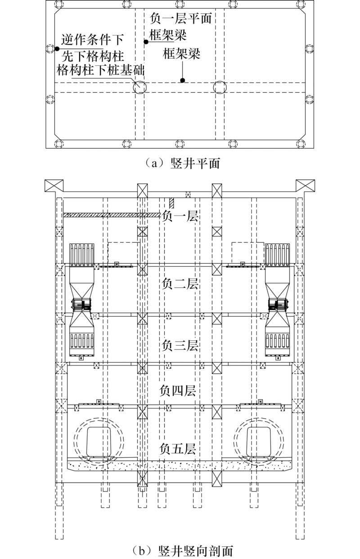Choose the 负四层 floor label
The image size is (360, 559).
click(178, 391)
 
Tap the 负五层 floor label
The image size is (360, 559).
click(178, 448)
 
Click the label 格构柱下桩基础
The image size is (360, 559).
click(100, 70)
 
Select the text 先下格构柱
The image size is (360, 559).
click(93, 56)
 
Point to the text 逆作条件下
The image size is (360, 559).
click(93, 39)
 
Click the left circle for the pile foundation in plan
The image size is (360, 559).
click(139, 87)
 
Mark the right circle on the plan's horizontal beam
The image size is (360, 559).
click(220, 87)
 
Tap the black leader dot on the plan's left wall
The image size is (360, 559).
click(57, 49)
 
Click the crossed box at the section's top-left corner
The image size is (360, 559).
click(54, 186)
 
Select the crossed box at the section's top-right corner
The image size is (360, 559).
click(306, 186)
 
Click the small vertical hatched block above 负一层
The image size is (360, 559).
click(171, 203)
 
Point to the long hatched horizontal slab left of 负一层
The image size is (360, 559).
click(112, 215)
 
